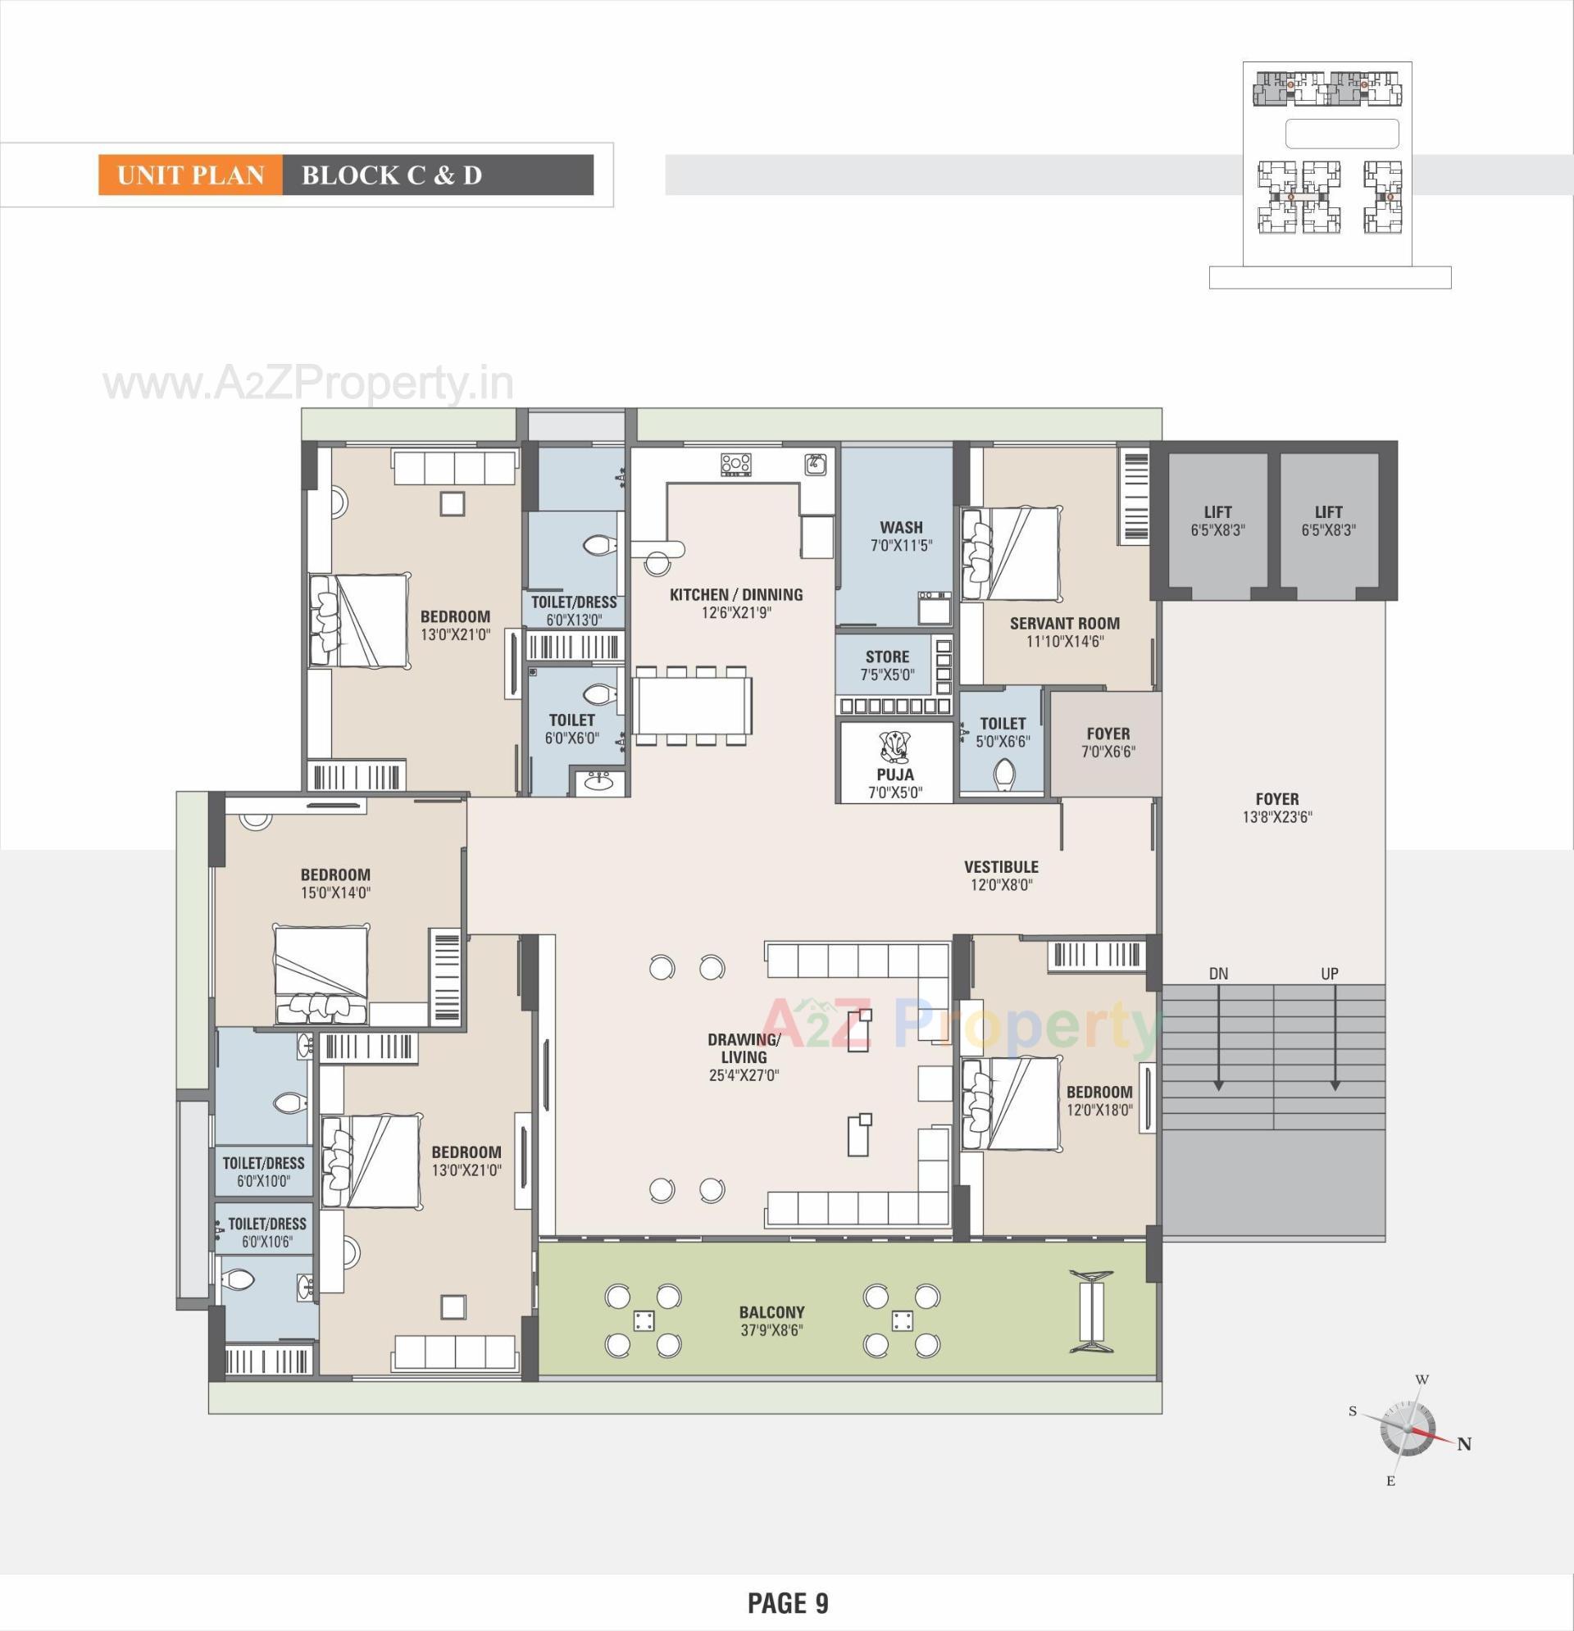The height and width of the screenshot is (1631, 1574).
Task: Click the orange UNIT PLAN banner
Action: [x=191, y=175]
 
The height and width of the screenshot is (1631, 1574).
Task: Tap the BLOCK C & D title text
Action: [x=391, y=175]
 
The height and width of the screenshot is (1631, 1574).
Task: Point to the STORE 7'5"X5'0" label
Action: [x=887, y=665]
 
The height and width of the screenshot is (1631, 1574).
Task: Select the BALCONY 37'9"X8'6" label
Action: [x=771, y=1321]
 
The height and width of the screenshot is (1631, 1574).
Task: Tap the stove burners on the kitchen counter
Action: [x=736, y=465]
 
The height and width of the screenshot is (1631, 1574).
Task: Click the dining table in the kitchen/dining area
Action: [x=693, y=705]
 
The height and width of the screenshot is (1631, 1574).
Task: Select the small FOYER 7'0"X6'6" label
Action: [x=1108, y=743]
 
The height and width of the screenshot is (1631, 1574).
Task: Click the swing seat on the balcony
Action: [x=1090, y=1312]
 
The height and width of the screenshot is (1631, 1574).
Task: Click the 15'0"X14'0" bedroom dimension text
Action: [x=335, y=893]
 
